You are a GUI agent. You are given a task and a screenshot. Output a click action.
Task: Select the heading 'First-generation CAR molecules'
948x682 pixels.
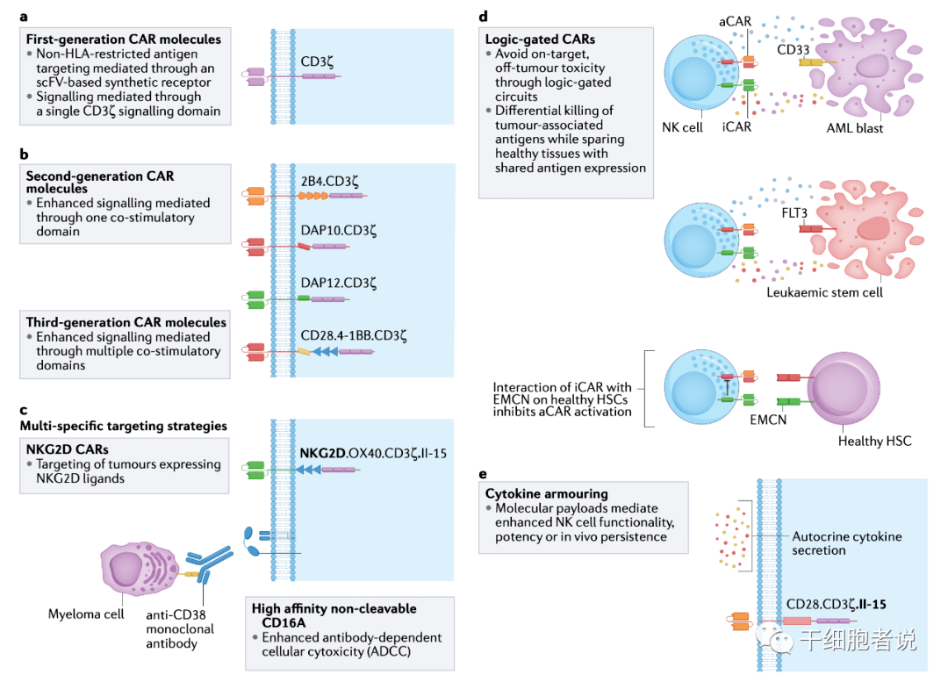pyautogui.click(x=123, y=39)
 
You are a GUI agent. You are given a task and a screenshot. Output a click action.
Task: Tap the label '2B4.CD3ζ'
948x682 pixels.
pyautogui.click(x=329, y=181)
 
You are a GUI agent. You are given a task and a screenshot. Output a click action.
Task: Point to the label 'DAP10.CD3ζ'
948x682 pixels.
pyautogui.click(x=337, y=233)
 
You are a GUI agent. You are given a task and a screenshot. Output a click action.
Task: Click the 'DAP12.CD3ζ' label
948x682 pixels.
pyautogui.click(x=337, y=284)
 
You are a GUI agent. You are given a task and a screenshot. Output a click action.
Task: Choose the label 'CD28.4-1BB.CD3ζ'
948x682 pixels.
pyautogui.click(x=354, y=334)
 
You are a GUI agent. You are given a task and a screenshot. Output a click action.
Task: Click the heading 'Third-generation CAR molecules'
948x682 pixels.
pyautogui.click(x=126, y=322)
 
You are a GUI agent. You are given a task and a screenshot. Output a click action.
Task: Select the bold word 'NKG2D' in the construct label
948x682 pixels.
pyautogui.click(x=326, y=454)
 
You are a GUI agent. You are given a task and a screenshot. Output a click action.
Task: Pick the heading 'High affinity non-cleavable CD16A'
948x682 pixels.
pyautogui.click(x=334, y=614)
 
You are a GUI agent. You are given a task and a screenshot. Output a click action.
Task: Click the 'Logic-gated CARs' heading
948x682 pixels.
pyautogui.click(x=539, y=39)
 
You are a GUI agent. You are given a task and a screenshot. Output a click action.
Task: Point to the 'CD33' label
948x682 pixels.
pyautogui.click(x=793, y=49)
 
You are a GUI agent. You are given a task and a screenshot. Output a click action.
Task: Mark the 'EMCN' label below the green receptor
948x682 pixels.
pyautogui.click(x=768, y=420)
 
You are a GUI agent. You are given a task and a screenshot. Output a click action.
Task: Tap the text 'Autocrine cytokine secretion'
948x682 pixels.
pyautogui.click(x=846, y=543)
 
